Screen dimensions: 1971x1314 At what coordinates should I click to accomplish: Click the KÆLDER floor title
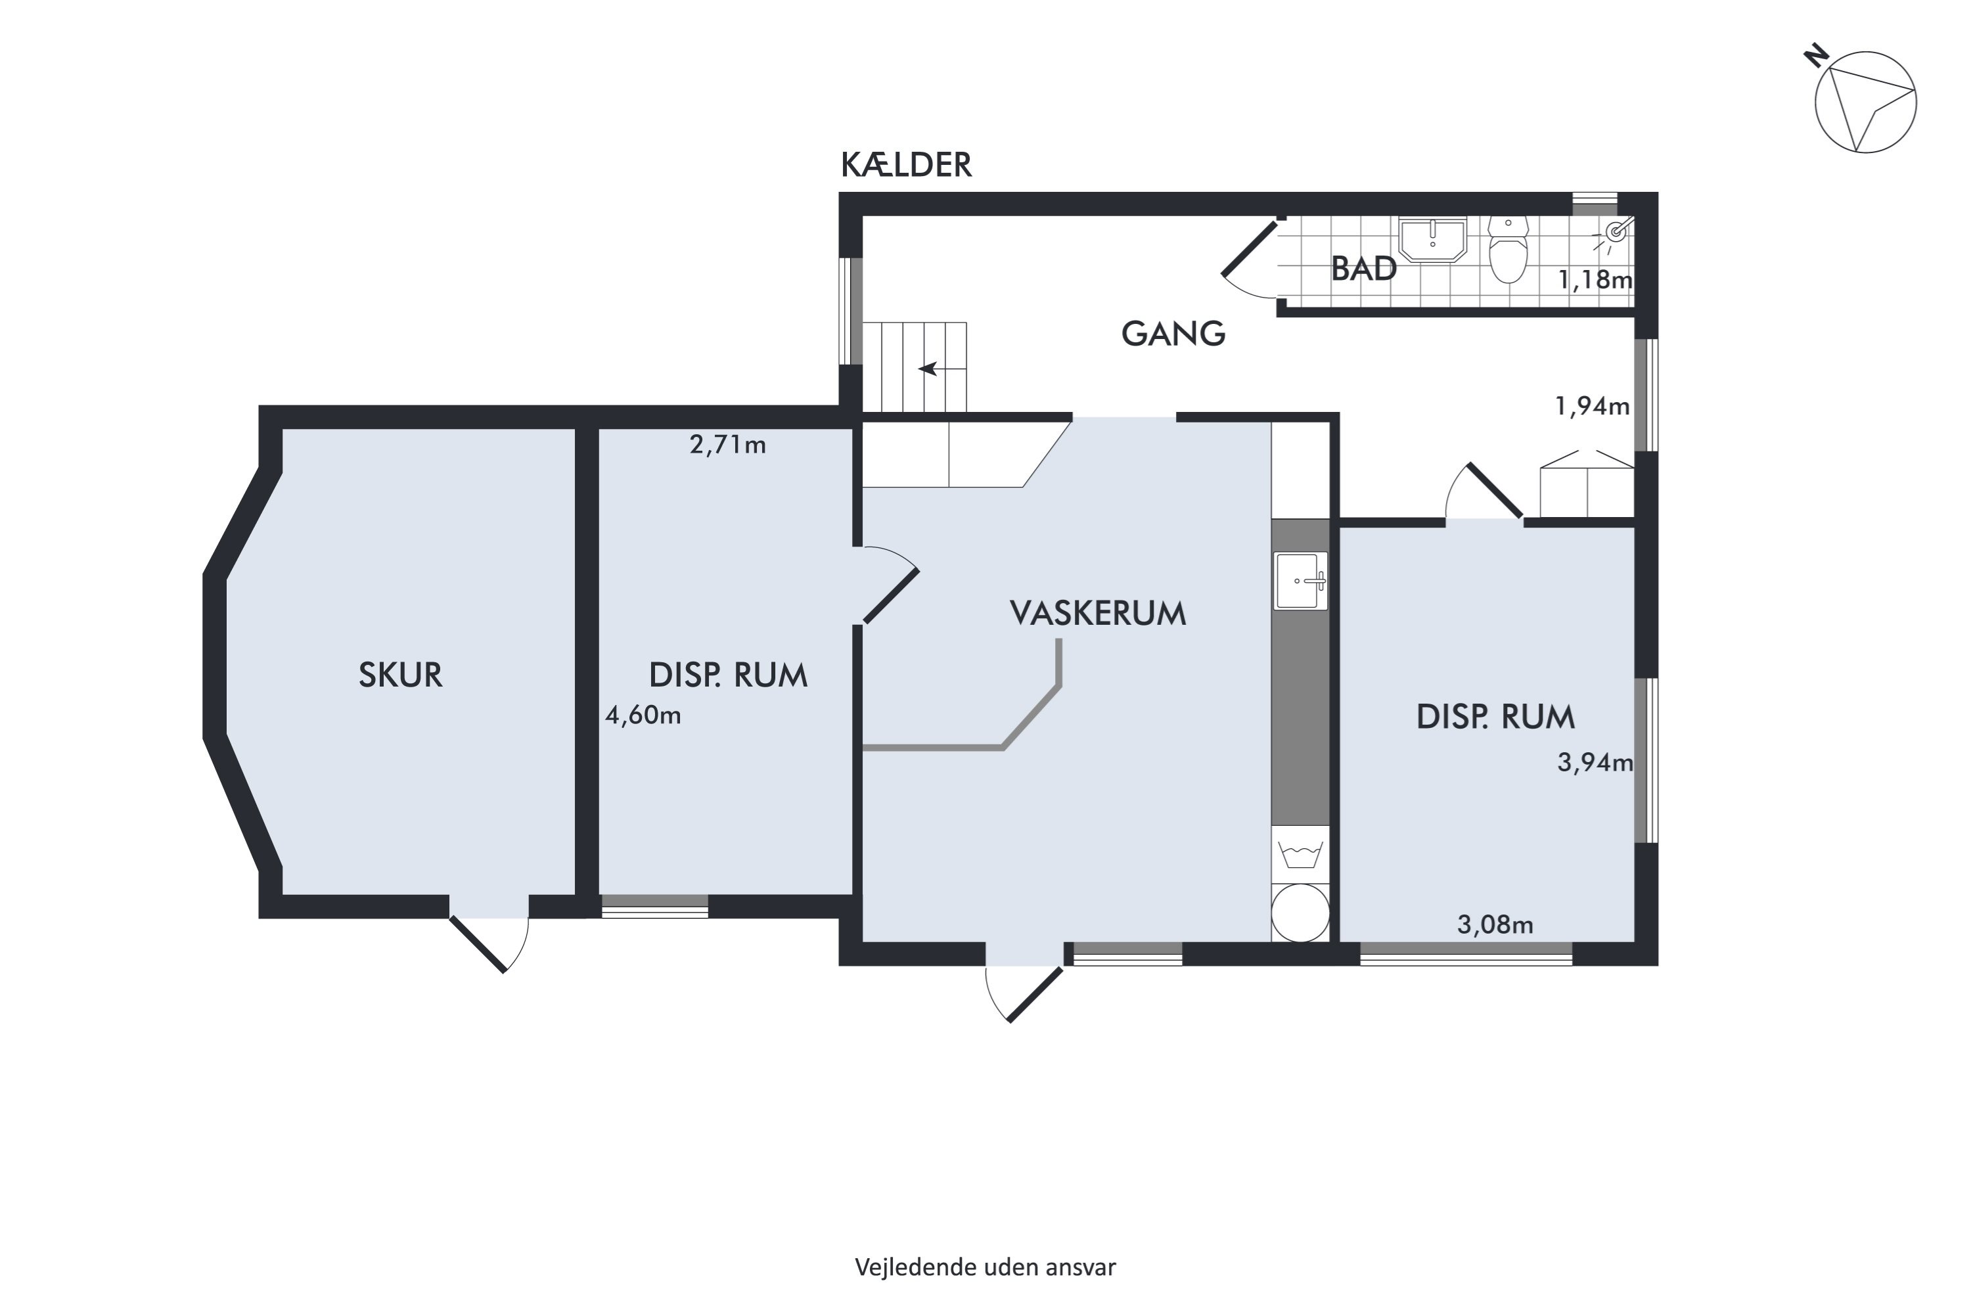[906, 165]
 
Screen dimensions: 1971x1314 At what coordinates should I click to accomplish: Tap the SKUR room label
[401, 675]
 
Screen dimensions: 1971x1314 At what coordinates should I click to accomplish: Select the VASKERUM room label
[1098, 614]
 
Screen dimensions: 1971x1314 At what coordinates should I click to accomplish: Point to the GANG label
[1173, 334]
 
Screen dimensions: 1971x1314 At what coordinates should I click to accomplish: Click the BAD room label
[1363, 269]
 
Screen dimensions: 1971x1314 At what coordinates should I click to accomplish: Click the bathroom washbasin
[1433, 240]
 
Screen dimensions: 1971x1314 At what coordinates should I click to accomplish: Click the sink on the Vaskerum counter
[1301, 581]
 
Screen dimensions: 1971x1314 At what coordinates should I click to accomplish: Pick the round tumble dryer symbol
[1301, 913]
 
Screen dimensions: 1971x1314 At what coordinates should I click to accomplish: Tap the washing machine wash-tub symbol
[1301, 855]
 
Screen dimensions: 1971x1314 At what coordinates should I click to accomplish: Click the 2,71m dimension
[727, 445]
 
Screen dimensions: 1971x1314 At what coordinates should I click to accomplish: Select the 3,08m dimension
[1495, 925]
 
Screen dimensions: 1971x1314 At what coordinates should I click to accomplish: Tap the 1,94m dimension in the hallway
[1592, 407]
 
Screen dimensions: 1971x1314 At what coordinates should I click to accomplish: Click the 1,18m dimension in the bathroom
[1595, 280]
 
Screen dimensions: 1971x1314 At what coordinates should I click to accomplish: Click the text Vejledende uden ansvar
[985, 1267]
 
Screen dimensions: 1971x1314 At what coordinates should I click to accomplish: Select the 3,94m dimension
[1595, 763]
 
